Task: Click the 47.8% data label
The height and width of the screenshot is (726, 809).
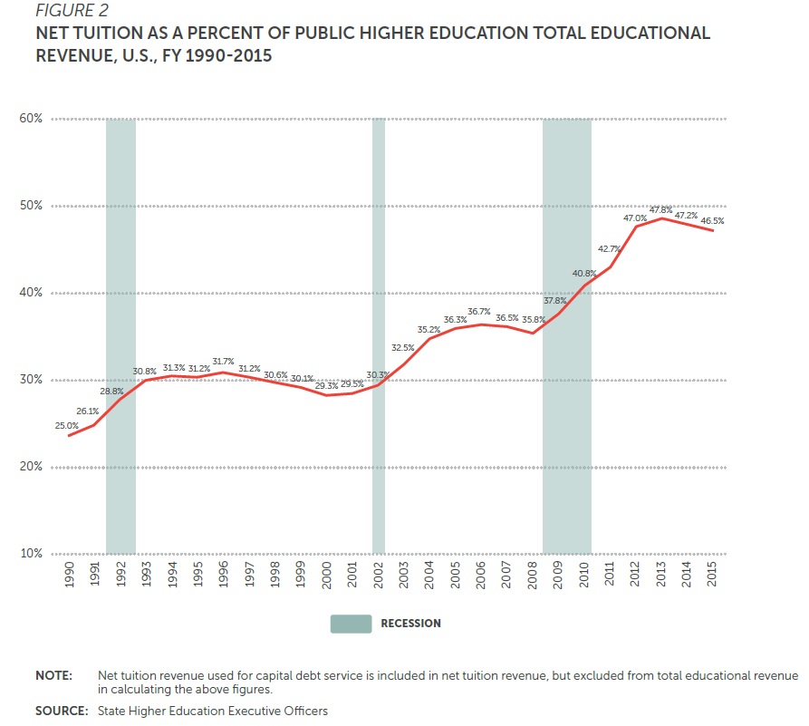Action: pyautogui.click(x=660, y=209)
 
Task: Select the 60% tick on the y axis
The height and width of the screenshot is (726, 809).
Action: pyautogui.click(x=31, y=119)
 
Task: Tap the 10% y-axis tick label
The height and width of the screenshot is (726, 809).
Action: pyautogui.click(x=31, y=554)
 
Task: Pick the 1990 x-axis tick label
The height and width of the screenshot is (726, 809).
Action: pyautogui.click(x=69, y=576)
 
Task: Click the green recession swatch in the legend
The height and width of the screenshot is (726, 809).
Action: pyautogui.click(x=351, y=624)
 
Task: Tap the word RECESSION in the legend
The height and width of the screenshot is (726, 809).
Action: pyautogui.click(x=410, y=624)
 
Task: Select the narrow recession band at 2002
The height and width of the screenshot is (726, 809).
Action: pyautogui.click(x=379, y=335)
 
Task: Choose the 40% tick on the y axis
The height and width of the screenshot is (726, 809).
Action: pyautogui.click(x=31, y=293)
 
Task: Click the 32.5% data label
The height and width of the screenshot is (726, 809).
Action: pyautogui.click(x=403, y=347)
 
